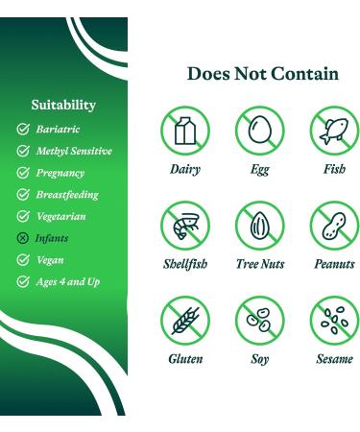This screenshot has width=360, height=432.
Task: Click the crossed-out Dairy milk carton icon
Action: [185, 131]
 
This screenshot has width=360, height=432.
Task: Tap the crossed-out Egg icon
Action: [260, 131]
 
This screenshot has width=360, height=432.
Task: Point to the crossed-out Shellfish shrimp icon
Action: [185, 227]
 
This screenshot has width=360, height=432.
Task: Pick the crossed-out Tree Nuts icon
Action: [260, 227]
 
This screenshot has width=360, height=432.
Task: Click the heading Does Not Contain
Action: [262, 74]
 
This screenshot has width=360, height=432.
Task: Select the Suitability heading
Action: [63, 105]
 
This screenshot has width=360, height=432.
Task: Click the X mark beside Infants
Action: [23, 238]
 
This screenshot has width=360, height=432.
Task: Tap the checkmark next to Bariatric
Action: [23, 129]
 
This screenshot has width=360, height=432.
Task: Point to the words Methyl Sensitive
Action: [74, 151]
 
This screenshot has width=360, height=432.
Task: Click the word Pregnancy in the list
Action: [60, 173]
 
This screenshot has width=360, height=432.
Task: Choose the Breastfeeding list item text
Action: [67, 195]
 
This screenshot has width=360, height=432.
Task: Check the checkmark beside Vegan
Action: [23, 260]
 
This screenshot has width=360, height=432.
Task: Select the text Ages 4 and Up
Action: [67, 282]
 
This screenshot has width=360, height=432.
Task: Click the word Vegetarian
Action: [60, 217]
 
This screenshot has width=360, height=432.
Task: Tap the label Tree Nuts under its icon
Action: [260, 264]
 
